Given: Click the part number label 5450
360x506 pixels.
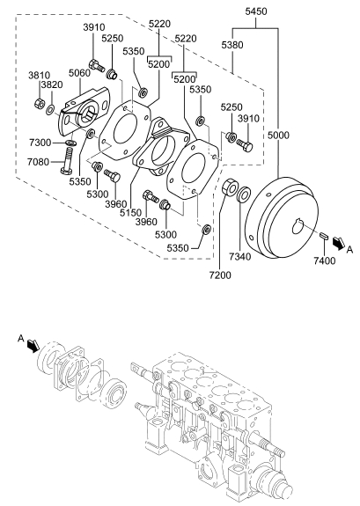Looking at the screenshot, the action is point(256,11).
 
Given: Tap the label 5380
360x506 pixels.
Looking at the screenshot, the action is point(232,45).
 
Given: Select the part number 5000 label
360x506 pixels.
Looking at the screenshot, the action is point(278,135).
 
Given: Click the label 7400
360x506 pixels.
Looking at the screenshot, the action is point(325,260).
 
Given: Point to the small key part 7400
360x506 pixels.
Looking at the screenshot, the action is point(324,235).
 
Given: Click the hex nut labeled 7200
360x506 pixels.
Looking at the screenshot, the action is point(230,187).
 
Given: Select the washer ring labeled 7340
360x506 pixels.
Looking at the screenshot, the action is point(244,194).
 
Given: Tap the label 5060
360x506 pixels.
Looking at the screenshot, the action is point(79,73).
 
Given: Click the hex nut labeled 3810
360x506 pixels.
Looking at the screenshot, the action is point(39,103).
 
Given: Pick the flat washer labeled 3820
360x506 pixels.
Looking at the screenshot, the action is point(50,110).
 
